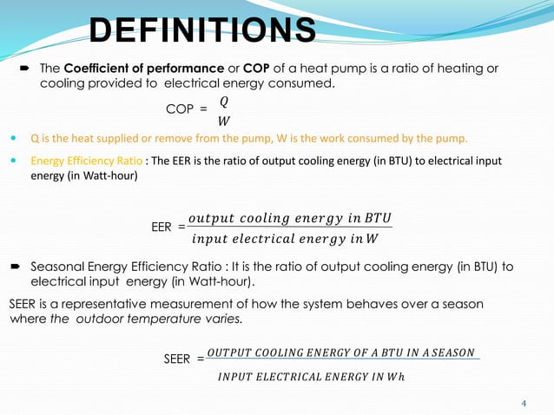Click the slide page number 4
524,403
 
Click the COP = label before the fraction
187,109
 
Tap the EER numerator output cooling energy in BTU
290,217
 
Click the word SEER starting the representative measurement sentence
23,304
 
